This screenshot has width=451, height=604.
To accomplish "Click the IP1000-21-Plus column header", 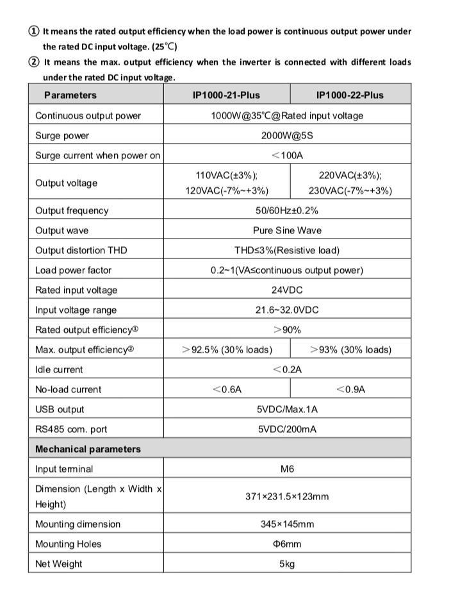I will point(226,95).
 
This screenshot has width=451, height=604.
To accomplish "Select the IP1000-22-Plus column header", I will point(350,95).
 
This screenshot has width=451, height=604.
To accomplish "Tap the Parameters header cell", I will point(70,95).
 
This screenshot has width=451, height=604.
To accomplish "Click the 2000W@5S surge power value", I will point(287,135).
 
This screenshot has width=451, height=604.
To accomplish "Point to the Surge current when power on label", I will point(97,155).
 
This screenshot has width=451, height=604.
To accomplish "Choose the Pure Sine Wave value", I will point(287,230).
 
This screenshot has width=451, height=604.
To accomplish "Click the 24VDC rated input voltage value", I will point(287,290).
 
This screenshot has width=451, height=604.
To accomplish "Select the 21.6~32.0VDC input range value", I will point(287,310).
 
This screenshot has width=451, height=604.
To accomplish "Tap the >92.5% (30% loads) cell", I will point(227,349).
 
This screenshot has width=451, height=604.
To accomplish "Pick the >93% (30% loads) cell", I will point(350,349).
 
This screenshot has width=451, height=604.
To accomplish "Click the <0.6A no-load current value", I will point(227,389).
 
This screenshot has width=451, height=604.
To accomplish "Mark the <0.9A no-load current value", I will point(350,389).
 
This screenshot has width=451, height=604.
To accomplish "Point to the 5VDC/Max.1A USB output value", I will point(287,409).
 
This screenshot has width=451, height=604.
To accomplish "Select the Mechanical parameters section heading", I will point(88,449).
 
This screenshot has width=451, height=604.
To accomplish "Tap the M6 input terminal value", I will point(287,469).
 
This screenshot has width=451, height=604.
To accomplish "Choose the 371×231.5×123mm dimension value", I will point(287,496).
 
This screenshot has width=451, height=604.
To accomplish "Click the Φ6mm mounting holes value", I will point(287,544).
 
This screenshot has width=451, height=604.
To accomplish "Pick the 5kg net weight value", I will point(287,564).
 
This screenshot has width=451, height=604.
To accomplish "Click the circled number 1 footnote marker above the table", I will point(34,31).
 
